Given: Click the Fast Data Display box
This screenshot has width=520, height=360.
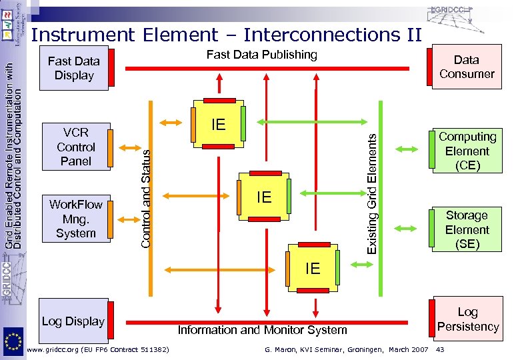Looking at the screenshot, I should pos(73,68).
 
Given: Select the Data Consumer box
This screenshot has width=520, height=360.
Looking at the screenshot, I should pos(466,67).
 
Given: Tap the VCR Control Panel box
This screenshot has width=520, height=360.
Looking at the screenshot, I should pos(75,147).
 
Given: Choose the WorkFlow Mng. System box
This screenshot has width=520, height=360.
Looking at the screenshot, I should pos(75,219).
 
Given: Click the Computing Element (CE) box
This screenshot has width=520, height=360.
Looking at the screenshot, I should pos(467,151).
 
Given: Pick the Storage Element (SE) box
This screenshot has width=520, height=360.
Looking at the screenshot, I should pos(467,229).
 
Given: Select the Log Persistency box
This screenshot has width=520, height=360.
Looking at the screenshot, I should pos(467,319).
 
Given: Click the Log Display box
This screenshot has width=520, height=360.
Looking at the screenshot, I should pos(73,321).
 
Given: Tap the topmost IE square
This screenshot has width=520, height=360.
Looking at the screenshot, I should pos(218,125).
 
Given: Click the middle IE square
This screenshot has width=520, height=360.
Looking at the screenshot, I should pos(264,197).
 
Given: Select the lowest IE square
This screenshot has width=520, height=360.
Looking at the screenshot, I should pos(312,269).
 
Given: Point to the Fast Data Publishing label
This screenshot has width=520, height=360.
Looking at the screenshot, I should pos(262,55).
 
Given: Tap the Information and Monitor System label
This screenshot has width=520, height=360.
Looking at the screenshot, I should pos(262,329).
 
